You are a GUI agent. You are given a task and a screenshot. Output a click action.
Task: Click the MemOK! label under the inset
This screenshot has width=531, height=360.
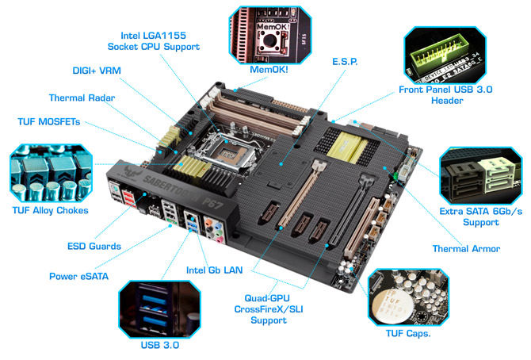pyautogui.click(x=269, y=70)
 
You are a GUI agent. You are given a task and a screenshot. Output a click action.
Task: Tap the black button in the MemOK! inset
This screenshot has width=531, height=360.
pyautogui.click(x=269, y=40)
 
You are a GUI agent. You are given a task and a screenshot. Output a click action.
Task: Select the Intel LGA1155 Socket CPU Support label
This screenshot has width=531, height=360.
pyautogui.click(x=154, y=41)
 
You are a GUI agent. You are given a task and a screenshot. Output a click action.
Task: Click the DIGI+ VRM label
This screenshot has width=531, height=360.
pyautogui.click(x=97, y=71)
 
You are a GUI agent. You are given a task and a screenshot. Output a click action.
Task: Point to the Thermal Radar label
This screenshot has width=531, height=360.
pyautogui.click(x=82, y=98)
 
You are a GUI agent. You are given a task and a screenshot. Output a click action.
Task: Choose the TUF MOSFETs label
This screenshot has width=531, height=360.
pyautogui.click(x=49, y=121)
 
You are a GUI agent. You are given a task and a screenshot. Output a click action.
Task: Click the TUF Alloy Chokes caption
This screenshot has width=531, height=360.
pyautogui.click(x=51, y=210)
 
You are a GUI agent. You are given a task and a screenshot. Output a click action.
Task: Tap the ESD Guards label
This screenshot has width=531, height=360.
pyautogui.click(x=94, y=246)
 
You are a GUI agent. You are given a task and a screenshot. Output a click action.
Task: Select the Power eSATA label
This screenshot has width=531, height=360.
pyautogui.click(x=79, y=276)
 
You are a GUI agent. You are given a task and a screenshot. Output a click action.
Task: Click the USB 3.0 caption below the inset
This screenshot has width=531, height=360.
pyautogui.click(x=160, y=345)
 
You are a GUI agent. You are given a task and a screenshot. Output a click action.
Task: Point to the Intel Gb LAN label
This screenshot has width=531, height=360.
pyautogui.click(x=214, y=270)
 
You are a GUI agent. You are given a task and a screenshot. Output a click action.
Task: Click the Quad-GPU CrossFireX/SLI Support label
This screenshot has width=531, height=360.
pyautogui.click(x=269, y=309)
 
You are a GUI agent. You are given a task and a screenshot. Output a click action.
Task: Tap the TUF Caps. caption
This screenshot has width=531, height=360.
pyautogui.click(x=408, y=334)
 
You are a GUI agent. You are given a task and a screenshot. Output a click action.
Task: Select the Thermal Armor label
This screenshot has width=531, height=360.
pyautogui.click(x=466, y=249)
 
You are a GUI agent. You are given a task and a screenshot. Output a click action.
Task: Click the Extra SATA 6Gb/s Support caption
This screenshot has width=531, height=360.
pyautogui.click(x=481, y=217)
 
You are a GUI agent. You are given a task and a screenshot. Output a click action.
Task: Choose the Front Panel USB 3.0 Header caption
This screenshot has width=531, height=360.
pyautogui.click(x=445, y=95)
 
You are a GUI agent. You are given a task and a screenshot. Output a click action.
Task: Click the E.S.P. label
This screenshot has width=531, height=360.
pyautogui.click(x=345, y=62)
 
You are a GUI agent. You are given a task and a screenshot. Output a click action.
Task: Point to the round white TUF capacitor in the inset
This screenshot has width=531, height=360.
pyautogui.click(x=392, y=304)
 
